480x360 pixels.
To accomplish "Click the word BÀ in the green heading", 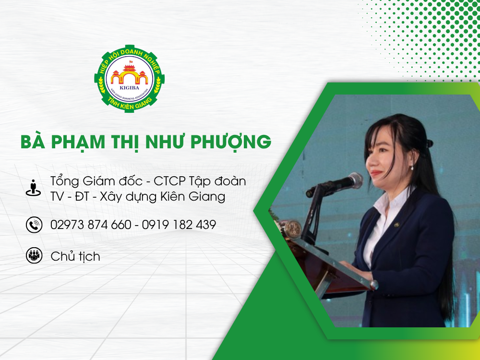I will click(34, 142).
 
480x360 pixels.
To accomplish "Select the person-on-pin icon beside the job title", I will click(33, 188).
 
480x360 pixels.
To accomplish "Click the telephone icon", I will click(34, 225).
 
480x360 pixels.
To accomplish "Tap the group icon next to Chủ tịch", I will click(34, 256).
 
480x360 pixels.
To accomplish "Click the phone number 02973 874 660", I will click(90, 225).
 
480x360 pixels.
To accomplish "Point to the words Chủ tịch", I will click(75, 256).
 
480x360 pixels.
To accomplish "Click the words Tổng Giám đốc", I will click(95, 182).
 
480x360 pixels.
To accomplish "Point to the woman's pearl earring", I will click(411, 167).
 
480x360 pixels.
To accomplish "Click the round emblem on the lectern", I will click(292, 229).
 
